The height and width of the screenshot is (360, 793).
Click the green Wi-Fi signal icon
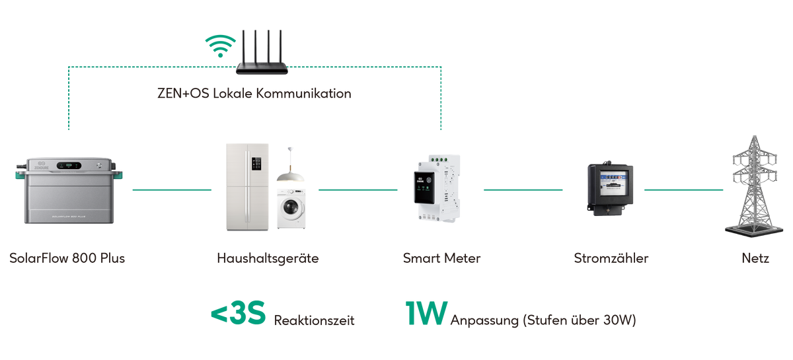click(220, 46)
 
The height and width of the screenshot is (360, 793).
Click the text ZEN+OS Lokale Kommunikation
click(254, 93)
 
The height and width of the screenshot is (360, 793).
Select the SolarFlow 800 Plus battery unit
click(69, 190)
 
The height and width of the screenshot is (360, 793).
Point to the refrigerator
click(247, 187)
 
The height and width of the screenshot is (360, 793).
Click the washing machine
click(291, 209)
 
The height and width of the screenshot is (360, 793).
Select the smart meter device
click(437, 188)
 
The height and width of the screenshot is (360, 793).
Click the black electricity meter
click(609, 189)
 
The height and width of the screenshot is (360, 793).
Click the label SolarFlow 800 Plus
click(67, 258)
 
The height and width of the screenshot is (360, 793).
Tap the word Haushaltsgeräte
click(268, 258)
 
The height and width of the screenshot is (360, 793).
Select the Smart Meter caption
click(441, 258)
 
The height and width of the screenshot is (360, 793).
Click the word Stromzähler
click(611, 258)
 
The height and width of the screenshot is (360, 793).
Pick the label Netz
click(755, 258)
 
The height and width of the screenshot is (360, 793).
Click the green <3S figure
click(239, 312)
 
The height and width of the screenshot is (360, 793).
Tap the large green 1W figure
click(426, 313)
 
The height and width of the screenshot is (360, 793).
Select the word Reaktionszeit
click(314, 320)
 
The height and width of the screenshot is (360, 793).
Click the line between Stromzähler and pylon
click(683, 190)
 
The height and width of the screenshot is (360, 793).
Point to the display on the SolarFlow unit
click(69, 166)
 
